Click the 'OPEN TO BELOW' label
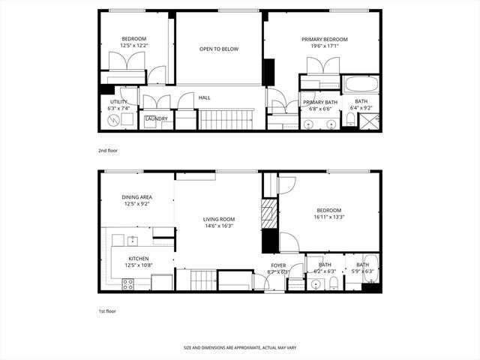(219, 49)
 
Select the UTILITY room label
(118, 101)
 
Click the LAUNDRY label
(156, 118)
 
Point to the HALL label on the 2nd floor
(204, 97)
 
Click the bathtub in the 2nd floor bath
(361, 83)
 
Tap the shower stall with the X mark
(369, 121)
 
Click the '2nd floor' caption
(108, 151)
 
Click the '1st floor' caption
(108, 310)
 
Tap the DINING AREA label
(136, 197)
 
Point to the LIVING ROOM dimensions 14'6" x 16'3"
(219, 227)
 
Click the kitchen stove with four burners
(127, 284)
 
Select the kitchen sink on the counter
(132, 241)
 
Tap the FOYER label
(278, 265)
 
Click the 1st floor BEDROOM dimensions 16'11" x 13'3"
(328, 217)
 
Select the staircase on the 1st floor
(202, 280)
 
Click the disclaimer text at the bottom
(239, 348)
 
